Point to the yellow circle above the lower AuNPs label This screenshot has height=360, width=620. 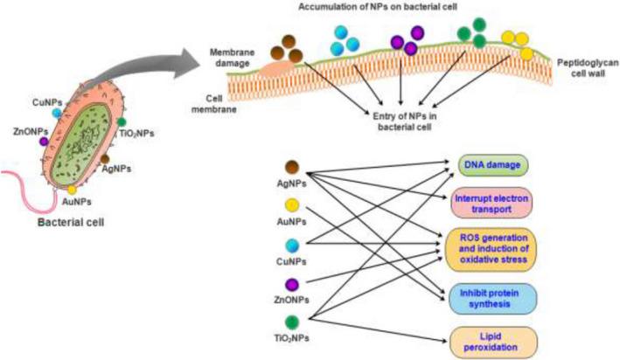pyautogui.click(x=293, y=206)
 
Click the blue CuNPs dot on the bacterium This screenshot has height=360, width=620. pyautogui.click(x=58, y=114)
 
